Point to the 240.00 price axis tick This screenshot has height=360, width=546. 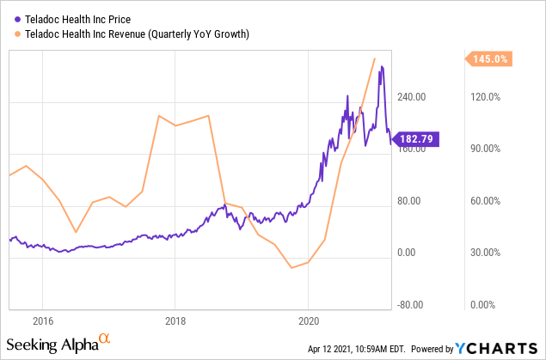[x=410, y=97]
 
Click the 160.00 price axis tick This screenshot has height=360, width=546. [x=410, y=149]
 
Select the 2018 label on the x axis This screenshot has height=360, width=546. [x=175, y=320]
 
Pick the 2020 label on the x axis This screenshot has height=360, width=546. [x=309, y=320]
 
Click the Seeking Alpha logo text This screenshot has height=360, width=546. [x=58, y=345]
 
